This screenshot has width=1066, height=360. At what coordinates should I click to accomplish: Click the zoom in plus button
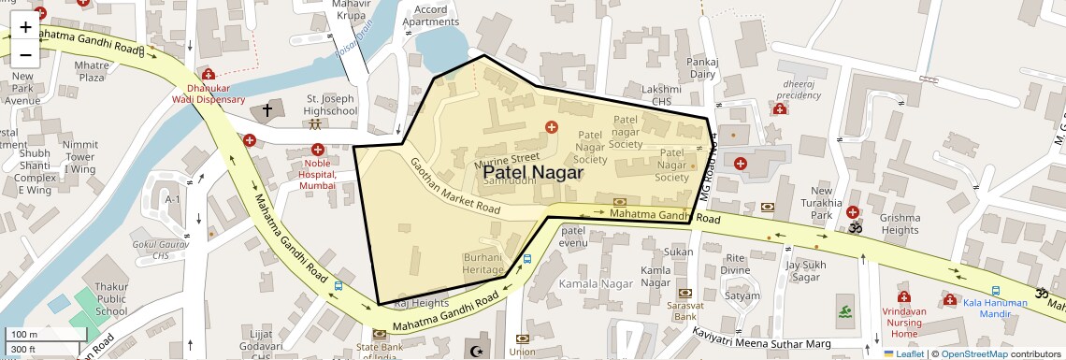pos(25,27)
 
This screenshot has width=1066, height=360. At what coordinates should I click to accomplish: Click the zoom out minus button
pos(25,55)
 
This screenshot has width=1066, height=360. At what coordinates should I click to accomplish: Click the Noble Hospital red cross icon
pos(318,150)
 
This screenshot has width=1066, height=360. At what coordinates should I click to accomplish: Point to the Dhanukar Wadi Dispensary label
pos(208,94)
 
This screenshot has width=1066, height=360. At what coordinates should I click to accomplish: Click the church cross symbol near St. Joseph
pos(266,110)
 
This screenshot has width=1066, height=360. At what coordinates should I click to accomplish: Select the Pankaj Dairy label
pos(702,67)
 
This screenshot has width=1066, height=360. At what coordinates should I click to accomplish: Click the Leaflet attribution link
pos(903,354)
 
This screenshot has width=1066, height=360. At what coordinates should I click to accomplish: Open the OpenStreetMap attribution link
pos(973,354)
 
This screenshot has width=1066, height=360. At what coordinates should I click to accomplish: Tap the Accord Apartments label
pos(430,15)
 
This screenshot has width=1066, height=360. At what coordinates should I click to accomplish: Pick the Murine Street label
pos(507,158)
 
